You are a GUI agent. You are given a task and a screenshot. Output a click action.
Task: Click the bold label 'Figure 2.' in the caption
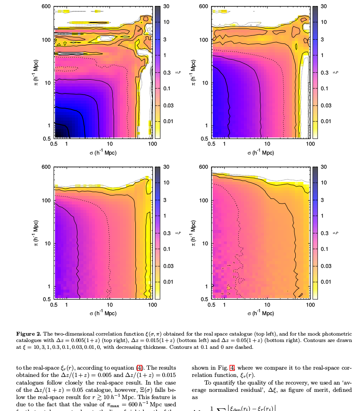29,333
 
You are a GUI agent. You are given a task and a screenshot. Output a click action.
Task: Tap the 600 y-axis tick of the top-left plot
47,7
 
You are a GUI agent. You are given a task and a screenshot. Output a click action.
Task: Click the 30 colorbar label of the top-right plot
323,7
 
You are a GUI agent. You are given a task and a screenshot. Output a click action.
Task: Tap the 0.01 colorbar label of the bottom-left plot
168,282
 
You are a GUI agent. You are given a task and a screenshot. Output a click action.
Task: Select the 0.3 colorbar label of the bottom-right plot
325,233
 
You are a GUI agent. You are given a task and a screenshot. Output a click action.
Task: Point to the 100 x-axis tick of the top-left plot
153,144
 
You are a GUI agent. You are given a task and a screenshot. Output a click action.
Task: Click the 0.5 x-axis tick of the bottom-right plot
211,305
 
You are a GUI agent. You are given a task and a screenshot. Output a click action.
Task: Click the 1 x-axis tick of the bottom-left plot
67,305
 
